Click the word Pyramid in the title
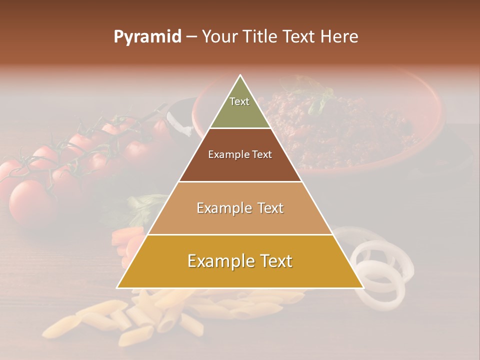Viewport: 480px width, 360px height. coord(147,37)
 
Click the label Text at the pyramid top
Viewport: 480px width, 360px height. coord(239,101)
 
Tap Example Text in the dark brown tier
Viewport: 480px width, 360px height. coord(240,154)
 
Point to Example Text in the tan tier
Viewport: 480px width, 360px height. coord(240,208)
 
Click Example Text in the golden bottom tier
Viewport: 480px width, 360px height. coord(240,261)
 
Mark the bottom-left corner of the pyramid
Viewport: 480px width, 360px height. coord(117,287)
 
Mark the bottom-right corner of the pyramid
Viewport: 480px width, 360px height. coord(363,287)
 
